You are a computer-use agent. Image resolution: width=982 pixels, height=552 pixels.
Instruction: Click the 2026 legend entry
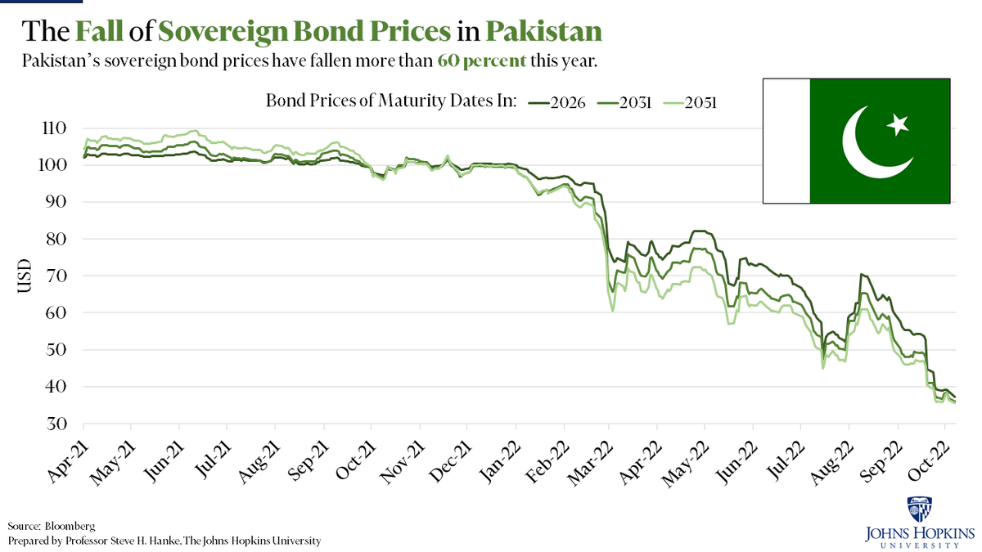coord(558,102)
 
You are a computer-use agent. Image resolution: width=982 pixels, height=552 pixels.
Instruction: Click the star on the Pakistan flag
coord(899,125)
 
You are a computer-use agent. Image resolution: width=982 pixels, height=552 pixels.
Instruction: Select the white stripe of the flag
coord(786,141)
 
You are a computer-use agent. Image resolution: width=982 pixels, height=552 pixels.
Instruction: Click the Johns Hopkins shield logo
coord(914,509)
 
